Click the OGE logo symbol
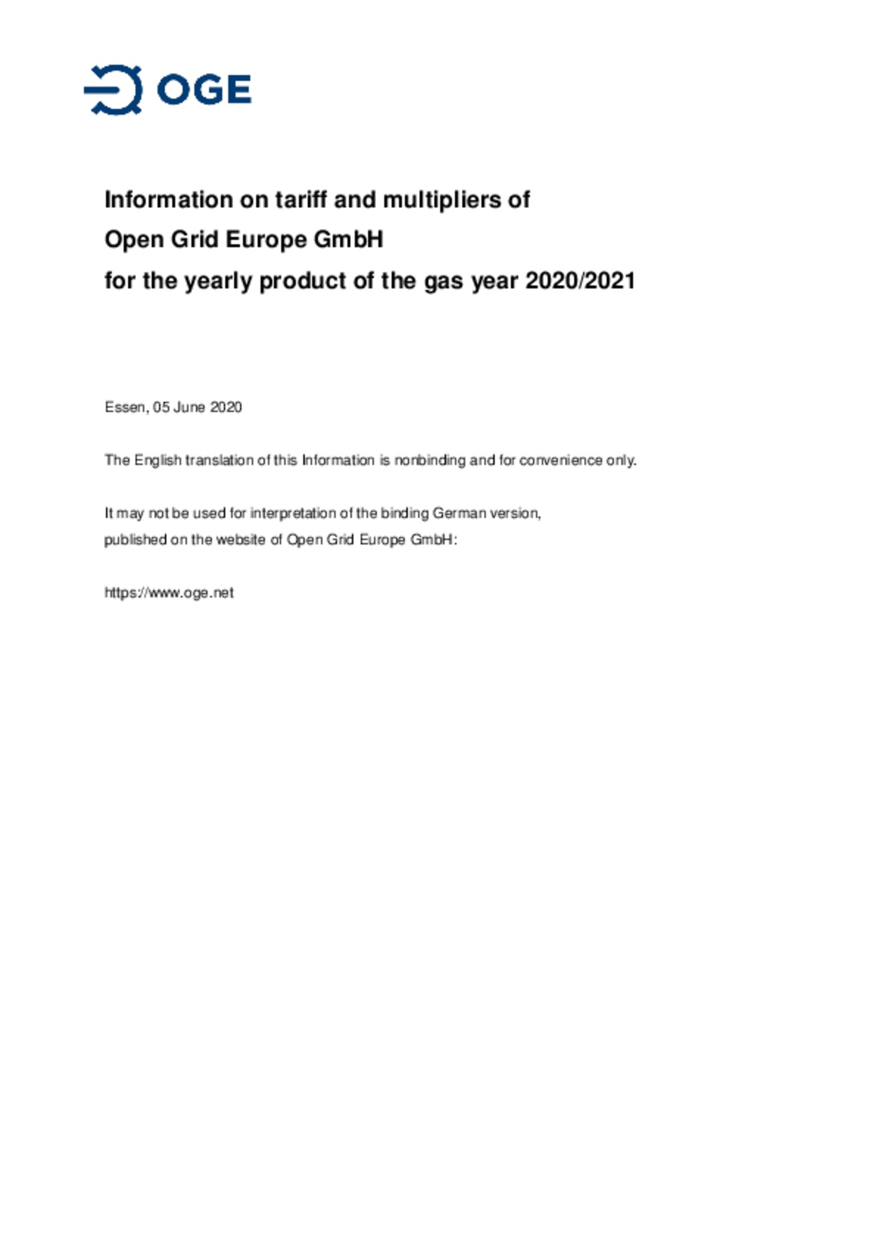click(x=114, y=90)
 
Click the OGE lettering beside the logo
click(x=204, y=90)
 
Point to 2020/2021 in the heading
click(x=580, y=281)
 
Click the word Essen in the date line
click(x=125, y=407)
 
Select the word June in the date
click(x=189, y=407)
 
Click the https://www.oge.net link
click(x=169, y=593)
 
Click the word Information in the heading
click(x=169, y=199)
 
